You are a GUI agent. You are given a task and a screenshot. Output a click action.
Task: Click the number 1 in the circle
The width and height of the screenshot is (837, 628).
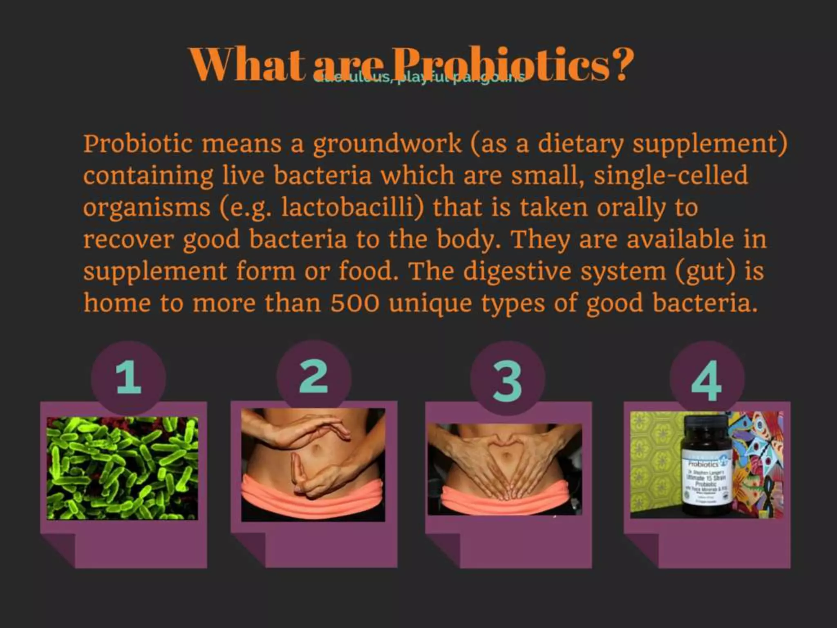tap(128, 379)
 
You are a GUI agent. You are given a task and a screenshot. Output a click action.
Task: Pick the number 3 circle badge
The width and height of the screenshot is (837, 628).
tap(507, 380)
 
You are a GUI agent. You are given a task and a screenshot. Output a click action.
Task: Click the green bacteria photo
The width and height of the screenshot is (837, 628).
tap(122, 468)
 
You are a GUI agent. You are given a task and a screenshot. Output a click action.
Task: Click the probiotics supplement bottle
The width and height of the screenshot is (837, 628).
tap(703, 466)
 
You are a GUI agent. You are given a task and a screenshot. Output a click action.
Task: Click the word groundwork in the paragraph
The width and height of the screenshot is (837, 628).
tap(387, 144)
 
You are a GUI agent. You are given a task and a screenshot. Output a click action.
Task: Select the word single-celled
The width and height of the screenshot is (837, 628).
tap(671, 176)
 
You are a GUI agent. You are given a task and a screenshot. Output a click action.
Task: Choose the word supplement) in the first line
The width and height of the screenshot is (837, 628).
tap(710, 144)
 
